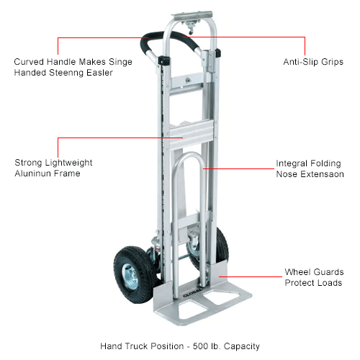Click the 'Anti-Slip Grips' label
coord(313,62)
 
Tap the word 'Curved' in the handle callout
coord(29,62)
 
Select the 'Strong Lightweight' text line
coord(53,163)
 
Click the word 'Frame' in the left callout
coord(68,174)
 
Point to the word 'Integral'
coord(292,163)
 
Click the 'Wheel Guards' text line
coord(314,272)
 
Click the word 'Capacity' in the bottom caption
coord(242,346)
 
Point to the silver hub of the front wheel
coord(130,276)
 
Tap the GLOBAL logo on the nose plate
coord(193,293)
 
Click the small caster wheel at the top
coord(191,31)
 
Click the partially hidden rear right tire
coord(222,247)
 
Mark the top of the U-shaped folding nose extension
coord(189,153)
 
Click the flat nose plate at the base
coord(203,304)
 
